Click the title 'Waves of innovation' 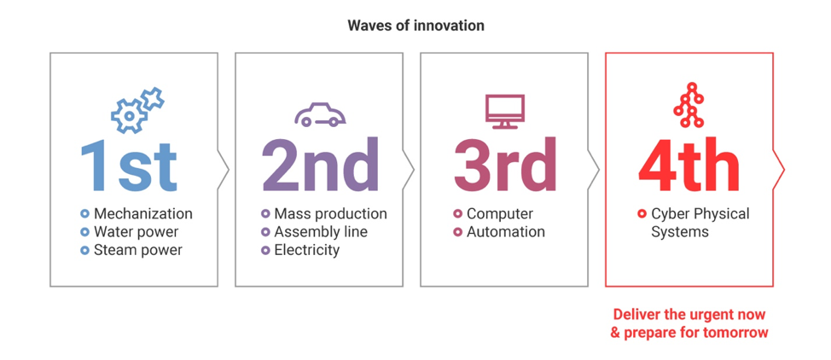[415, 26]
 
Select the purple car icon [320, 115]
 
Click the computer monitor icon [504, 112]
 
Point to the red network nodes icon [689, 105]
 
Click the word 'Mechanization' [143, 214]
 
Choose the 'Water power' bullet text [137, 232]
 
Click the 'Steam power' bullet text [138, 250]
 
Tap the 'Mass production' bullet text [330, 214]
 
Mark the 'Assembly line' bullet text [321, 232]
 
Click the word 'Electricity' [306, 250]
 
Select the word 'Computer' [500, 214]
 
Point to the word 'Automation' [506, 232]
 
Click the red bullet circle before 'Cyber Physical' [642, 214]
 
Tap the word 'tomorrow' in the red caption [735, 333]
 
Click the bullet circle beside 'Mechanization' [84, 214]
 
